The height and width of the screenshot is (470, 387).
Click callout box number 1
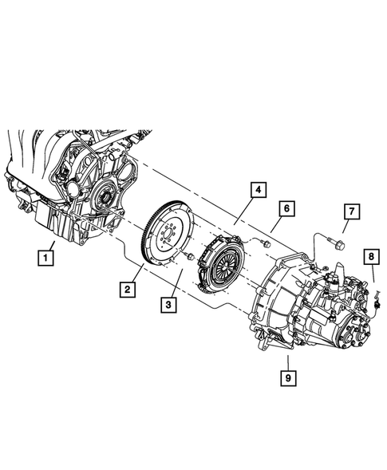(48, 257)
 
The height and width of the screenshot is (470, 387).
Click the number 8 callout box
(371, 256)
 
